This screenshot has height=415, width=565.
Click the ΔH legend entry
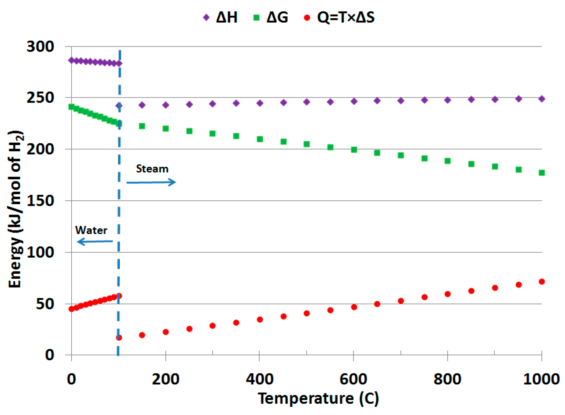point(221,17)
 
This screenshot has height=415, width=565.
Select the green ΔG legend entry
point(271,17)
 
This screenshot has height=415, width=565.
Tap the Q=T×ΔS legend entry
point(339,17)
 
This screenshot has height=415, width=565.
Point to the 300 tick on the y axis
point(40,46)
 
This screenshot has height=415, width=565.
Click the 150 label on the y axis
point(40,201)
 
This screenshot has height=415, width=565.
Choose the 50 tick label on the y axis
point(45,304)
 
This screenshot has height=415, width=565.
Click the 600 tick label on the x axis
point(353,379)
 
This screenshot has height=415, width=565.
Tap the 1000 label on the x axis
point(541,379)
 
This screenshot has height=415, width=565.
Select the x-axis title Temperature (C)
point(318,398)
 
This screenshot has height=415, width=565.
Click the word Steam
point(152,169)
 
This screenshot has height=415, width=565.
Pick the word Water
point(91,230)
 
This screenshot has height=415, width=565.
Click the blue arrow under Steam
point(151,182)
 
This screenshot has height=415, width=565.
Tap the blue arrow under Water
point(95,241)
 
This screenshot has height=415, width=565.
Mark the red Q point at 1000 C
point(541,282)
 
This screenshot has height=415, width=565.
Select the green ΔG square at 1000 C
point(541,173)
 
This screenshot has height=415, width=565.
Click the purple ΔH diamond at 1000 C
point(541,99)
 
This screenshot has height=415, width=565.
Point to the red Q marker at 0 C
point(71,309)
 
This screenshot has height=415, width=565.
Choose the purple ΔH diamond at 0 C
point(71,60)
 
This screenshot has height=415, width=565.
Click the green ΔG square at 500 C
point(306,144)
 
